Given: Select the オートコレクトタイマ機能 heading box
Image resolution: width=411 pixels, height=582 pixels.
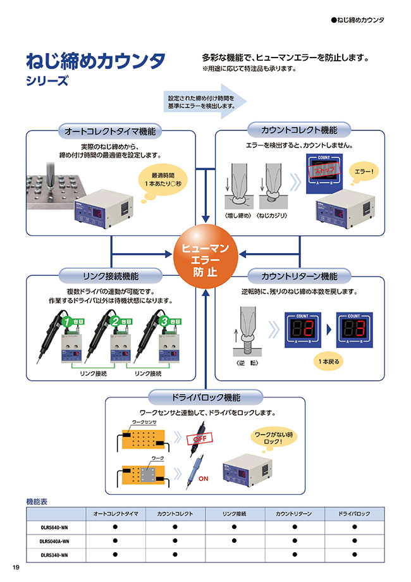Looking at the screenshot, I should pyautogui.click(x=111, y=132).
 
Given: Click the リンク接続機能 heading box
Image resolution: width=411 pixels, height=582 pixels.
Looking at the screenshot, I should pyautogui.click(x=111, y=276).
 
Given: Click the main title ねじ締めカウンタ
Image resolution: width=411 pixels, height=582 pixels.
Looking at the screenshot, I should pyautogui.click(x=95, y=61).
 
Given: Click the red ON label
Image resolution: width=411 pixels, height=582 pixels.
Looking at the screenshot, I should pyautogui.click(x=204, y=479).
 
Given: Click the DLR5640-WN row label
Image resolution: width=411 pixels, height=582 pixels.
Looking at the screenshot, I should pyautogui.click(x=54, y=526).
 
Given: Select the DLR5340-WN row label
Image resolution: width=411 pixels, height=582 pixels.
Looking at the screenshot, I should pyautogui.click(x=54, y=555).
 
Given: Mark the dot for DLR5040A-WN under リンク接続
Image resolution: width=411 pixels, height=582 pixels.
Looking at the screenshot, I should pyautogui.click(x=235, y=541).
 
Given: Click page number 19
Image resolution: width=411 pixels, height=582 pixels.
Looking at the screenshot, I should pyautogui.click(x=16, y=567).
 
